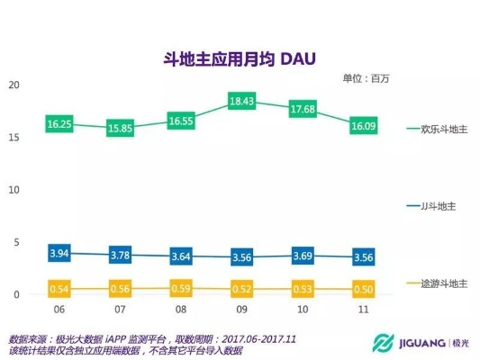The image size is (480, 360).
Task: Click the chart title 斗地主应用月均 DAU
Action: (239, 58)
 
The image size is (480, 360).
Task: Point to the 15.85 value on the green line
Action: (121, 130)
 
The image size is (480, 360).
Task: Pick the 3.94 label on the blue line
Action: (59, 254)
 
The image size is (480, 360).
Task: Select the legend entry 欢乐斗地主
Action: (444, 130)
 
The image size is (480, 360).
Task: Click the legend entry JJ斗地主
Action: (439, 206)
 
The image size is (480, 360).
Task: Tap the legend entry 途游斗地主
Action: (444, 283)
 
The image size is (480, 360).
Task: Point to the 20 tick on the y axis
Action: (14, 85)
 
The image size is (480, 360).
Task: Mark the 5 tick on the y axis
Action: (16, 242)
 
